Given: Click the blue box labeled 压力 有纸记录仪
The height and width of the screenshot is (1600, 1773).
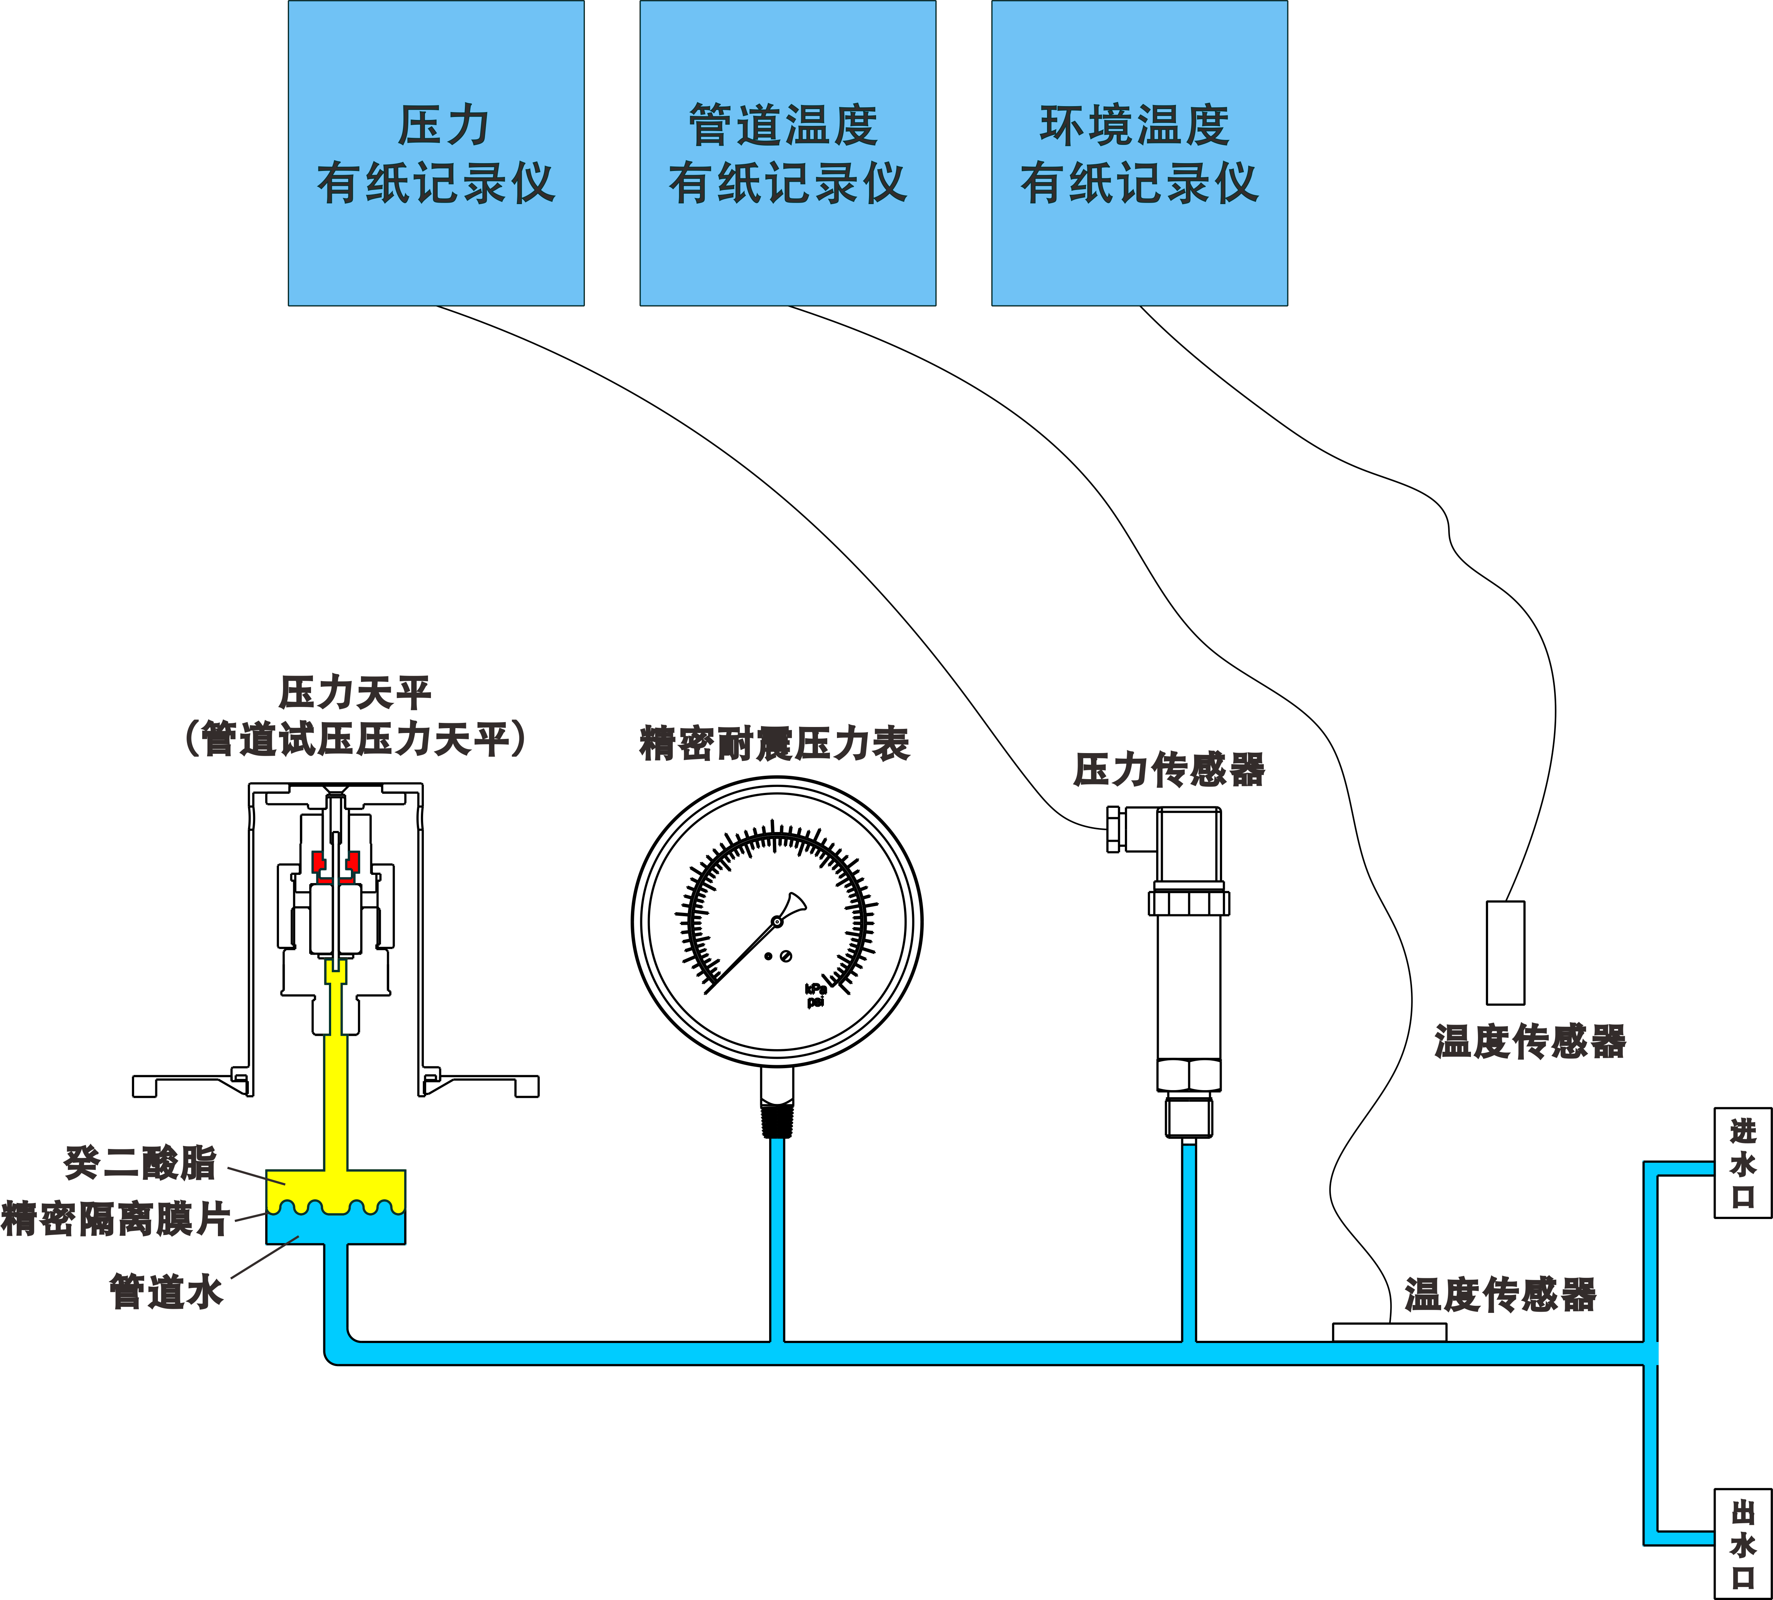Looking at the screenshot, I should [x=436, y=153].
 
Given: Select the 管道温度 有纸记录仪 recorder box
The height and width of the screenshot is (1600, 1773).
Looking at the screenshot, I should [x=788, y=153].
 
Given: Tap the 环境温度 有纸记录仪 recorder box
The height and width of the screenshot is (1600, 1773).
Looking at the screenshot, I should [x=1139, y=153].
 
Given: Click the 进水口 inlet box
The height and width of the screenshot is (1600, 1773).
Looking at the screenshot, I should [x=1742, y=1163].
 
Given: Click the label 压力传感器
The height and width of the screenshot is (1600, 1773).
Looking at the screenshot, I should [x=1169, y=770].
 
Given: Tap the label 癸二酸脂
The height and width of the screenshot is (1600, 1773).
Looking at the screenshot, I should [x=141, y=1163].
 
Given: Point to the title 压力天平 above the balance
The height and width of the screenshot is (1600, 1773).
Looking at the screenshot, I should [x=355, y=693].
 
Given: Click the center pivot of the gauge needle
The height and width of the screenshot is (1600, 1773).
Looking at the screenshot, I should [x=777, y=921].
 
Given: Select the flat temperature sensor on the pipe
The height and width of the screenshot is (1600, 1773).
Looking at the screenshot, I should [x=1389, y=1332].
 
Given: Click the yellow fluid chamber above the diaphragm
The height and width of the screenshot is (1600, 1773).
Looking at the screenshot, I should [x=336, y=1187].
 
